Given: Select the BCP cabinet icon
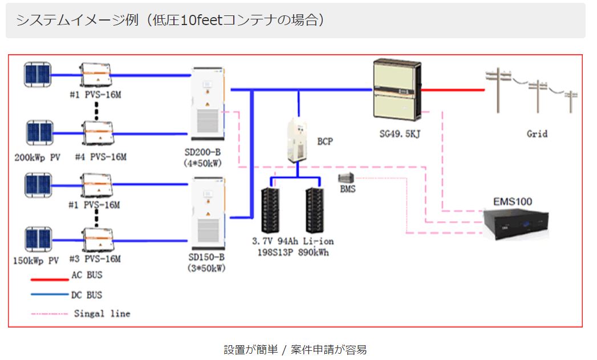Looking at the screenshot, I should tap(297, 140).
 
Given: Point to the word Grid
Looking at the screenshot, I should tap(537, 134).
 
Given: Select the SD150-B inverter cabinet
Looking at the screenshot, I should tap(207, 212).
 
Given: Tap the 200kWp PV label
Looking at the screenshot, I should tap(37, 157).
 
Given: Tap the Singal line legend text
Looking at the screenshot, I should tap(101, 314).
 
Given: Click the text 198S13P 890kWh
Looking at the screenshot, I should tap(293, 252).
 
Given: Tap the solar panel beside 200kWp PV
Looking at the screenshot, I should tap(39, 132).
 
